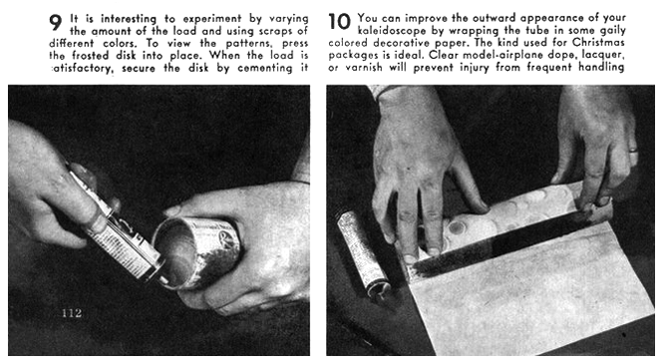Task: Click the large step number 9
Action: tap(55, 22)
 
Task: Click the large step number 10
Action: tap(339, 22)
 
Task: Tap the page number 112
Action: tap(72, 313)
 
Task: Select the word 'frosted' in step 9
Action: tap(91, 55)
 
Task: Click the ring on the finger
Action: tap(633, 152)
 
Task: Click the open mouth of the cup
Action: tap(173, 254)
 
